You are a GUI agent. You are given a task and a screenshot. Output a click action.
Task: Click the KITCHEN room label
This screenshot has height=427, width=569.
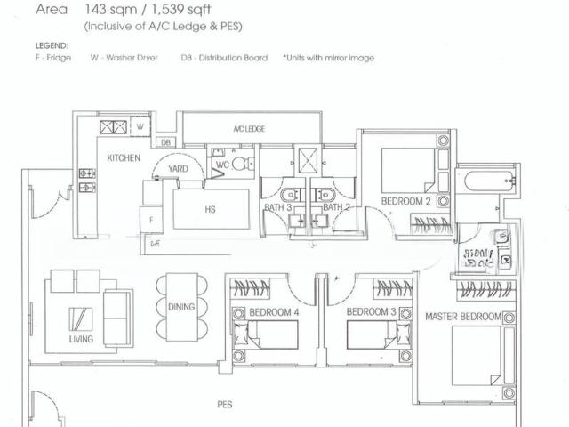click(124, 157)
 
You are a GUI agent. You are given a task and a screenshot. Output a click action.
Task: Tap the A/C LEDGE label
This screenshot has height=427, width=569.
click(249, 129)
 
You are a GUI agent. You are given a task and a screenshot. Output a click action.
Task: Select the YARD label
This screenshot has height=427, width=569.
click(179, 166)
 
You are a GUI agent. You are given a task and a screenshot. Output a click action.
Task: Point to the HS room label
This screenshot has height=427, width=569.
click(210, 210)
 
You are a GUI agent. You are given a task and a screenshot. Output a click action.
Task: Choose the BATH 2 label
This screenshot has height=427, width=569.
click(335, 207)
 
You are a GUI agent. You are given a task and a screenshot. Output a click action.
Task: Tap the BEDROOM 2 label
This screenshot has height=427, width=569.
click(405, 202)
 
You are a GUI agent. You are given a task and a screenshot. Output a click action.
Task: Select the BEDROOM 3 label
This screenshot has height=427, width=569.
click(371, 312)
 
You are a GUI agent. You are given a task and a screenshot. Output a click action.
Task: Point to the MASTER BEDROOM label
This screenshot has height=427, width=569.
click(462, 317)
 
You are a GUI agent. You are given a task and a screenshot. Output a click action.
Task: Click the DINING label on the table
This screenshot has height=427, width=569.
click(180, 307)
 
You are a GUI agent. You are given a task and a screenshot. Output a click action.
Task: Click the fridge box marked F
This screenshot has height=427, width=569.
click(152, 218)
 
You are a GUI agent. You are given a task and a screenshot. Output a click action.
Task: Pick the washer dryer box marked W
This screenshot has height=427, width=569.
click(140, 127)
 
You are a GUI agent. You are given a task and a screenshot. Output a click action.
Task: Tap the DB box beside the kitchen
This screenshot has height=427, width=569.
click(165, 142)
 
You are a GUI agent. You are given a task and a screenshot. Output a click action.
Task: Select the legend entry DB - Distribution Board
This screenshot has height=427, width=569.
click(224, 58)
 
